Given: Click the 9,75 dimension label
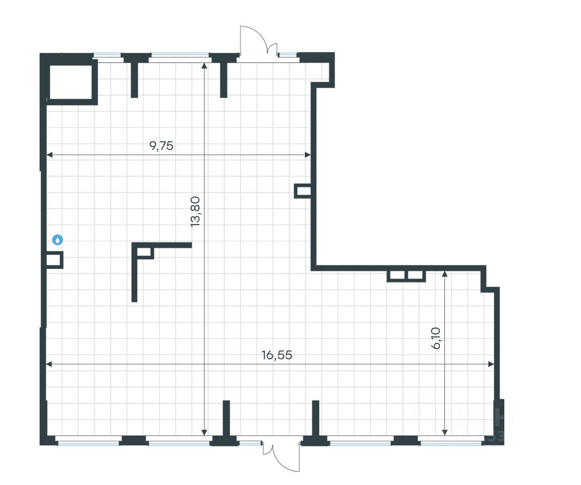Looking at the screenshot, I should (161, 145).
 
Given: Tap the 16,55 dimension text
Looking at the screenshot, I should (277, 355).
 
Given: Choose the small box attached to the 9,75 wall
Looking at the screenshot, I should (303, 191).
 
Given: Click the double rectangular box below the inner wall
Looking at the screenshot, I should (406, 276).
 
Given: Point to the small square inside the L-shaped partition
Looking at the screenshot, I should (145, 251).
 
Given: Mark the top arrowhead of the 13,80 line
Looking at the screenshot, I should (205, 65).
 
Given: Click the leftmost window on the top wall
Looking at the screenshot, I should (108, 55).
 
